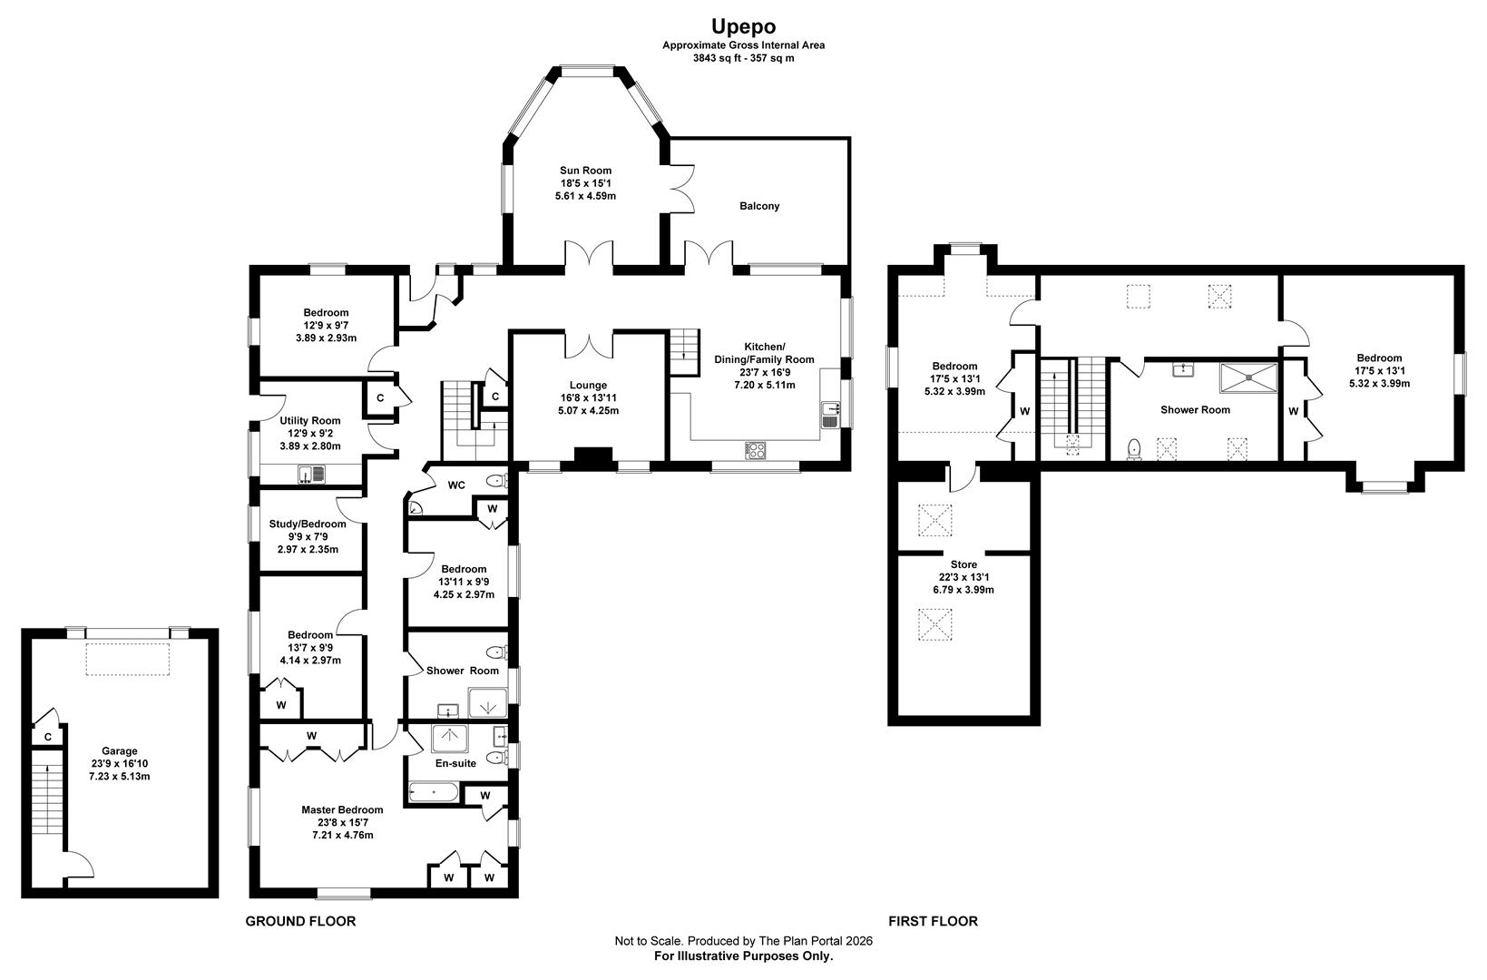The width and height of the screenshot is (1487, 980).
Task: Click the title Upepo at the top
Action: tap(743, 26)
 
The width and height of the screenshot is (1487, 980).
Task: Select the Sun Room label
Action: tap(585, 170)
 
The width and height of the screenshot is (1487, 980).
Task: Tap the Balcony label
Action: tap(759, 206)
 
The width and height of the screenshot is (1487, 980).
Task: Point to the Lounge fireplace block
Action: tap(594, 458)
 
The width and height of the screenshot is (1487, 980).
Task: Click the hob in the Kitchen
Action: tap(755, 449)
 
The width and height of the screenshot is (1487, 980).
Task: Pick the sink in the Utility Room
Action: tap(311, 473)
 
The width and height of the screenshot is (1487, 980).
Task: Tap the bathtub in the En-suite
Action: tap(435, 794)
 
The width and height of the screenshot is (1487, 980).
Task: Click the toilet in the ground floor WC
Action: tap(495, 481)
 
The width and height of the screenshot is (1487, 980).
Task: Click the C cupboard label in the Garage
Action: tap(45, 737)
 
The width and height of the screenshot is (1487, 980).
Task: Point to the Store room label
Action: tap(964, 564)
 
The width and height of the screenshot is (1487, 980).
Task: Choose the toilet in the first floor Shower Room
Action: tap(1133, 449)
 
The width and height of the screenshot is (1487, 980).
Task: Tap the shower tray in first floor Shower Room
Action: tap(1248, 377)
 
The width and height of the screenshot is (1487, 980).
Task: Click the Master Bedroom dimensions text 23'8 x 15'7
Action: tap(342, 822)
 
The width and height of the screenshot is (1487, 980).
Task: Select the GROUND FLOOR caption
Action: tap(300, 921)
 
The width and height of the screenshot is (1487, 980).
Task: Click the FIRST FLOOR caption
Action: tap(933, 921)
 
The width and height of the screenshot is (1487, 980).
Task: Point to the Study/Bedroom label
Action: tap(308, 524)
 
